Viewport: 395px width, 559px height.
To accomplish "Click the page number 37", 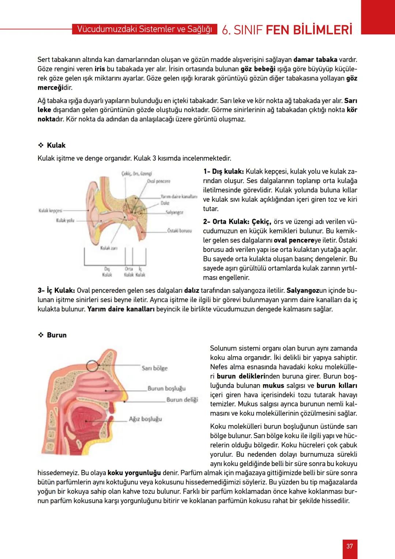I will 350,546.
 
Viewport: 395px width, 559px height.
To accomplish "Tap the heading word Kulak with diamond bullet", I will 56,145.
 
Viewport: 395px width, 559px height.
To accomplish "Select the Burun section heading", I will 57,335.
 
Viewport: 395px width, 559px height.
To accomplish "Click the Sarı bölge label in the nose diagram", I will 154,368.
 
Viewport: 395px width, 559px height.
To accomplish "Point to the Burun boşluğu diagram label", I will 166,388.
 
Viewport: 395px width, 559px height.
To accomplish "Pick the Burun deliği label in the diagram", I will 182,399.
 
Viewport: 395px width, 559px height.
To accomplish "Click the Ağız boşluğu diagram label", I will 145,418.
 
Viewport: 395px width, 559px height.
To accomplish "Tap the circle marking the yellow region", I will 93,365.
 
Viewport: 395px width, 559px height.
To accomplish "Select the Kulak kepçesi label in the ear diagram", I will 50,210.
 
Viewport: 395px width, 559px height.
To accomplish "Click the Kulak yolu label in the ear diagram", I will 65,220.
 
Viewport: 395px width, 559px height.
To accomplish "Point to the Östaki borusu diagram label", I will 179,231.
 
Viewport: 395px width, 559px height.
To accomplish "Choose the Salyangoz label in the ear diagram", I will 174,212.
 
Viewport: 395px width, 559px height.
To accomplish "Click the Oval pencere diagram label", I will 158,181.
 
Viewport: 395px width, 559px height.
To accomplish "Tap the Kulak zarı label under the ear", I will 109,248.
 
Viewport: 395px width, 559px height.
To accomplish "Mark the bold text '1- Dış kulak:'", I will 223,171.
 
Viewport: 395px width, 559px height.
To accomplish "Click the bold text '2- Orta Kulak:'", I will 226,221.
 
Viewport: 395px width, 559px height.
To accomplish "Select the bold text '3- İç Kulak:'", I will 56,290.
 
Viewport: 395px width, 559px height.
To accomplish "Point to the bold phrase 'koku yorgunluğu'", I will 134,473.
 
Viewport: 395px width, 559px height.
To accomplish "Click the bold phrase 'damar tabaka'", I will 315,59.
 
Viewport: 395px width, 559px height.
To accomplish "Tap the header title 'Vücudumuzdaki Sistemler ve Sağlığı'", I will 144,29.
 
